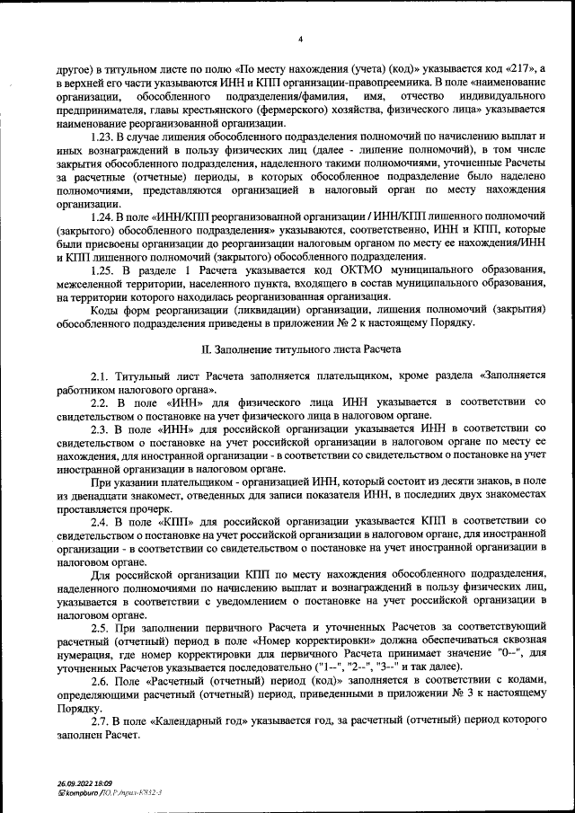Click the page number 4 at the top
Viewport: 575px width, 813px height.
301,40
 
